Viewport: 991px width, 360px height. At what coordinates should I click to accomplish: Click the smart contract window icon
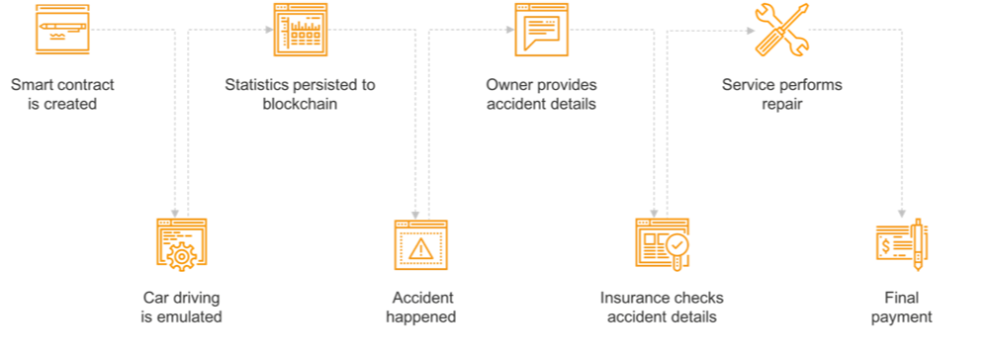point(61,30)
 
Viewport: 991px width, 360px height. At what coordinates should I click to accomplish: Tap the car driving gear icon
point(182,243)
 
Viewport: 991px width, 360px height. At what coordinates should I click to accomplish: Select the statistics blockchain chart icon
point(301,30)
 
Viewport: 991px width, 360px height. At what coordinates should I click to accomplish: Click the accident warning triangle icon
point(421,244)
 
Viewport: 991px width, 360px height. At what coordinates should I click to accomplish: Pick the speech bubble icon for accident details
point(541,30)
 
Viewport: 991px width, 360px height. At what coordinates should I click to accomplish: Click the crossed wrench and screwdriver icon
point(781,30)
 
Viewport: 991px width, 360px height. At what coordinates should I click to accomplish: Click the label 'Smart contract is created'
point(53,94)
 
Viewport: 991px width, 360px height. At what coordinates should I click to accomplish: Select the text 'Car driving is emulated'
point(181,308)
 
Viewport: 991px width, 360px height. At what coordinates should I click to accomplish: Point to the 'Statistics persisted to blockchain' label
point(300,94)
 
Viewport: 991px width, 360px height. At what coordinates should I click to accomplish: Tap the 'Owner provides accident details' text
point(541,94)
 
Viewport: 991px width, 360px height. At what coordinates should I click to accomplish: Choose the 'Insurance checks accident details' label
point(661,308)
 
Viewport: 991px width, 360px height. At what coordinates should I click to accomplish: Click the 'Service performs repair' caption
point(781,94)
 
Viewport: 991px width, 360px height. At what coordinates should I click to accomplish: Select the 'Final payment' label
point(901,308)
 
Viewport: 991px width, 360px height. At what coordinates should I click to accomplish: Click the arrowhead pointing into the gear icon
point(176,212)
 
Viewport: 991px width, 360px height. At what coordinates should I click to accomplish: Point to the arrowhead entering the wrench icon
point(749,30)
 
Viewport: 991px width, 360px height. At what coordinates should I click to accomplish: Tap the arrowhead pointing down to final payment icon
point(901,212)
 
